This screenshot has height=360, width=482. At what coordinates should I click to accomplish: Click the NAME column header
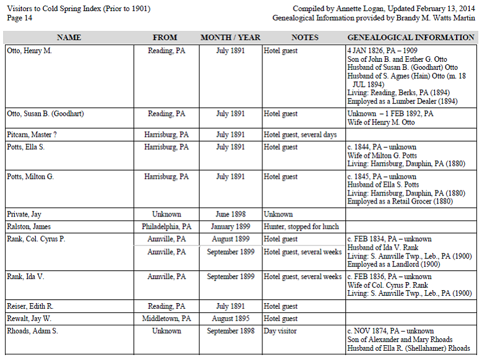(69, 38)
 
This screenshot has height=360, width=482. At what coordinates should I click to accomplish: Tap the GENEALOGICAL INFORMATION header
(411, 38)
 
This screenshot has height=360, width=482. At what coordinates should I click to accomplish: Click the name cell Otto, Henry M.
(29, 51)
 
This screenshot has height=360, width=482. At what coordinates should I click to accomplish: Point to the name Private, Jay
(25, 215)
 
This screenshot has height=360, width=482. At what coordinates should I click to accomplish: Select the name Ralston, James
(29, 227)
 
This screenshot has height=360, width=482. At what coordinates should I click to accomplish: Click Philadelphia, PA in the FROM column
(166, 227)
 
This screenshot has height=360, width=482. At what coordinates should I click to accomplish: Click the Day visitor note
(280, 332)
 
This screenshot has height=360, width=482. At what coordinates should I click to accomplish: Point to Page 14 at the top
(19, 18)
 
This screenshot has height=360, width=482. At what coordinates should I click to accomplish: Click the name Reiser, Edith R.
(29, 307)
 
